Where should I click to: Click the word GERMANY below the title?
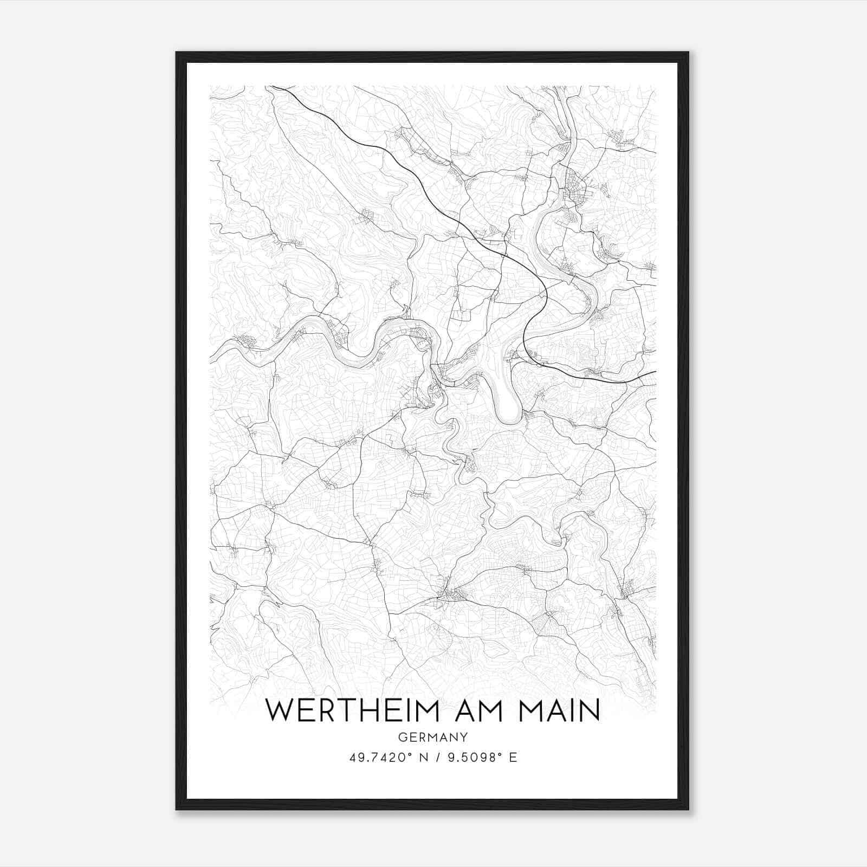click(x=432, y=737)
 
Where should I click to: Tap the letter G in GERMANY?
click(x=402, y=737)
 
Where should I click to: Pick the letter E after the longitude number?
click(x=513, y=758)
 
